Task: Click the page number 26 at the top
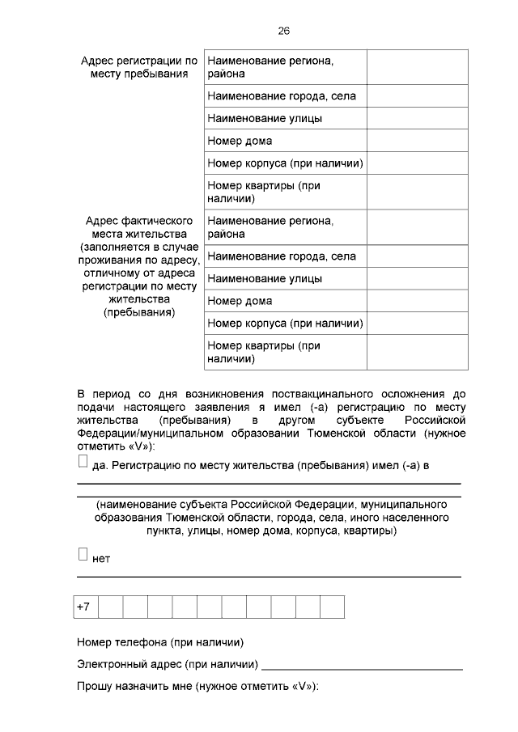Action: tap(283, 31)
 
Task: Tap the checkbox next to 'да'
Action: tap(83, 461)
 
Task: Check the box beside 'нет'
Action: tap(83, 554)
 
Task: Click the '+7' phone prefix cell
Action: tap(86, 607)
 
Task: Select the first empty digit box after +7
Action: tap(111, 607)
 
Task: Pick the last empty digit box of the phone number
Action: tap(332, 607)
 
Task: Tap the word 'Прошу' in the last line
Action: tap(96, 687)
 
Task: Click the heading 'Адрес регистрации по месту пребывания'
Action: tap(139, 67)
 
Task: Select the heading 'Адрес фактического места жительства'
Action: tap(139, 227)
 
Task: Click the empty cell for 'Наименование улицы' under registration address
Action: tap(417, 118)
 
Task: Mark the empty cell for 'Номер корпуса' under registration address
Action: tap(417, 163)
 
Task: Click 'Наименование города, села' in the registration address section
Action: tap(282, 96)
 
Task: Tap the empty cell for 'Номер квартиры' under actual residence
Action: tap(417, 352)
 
